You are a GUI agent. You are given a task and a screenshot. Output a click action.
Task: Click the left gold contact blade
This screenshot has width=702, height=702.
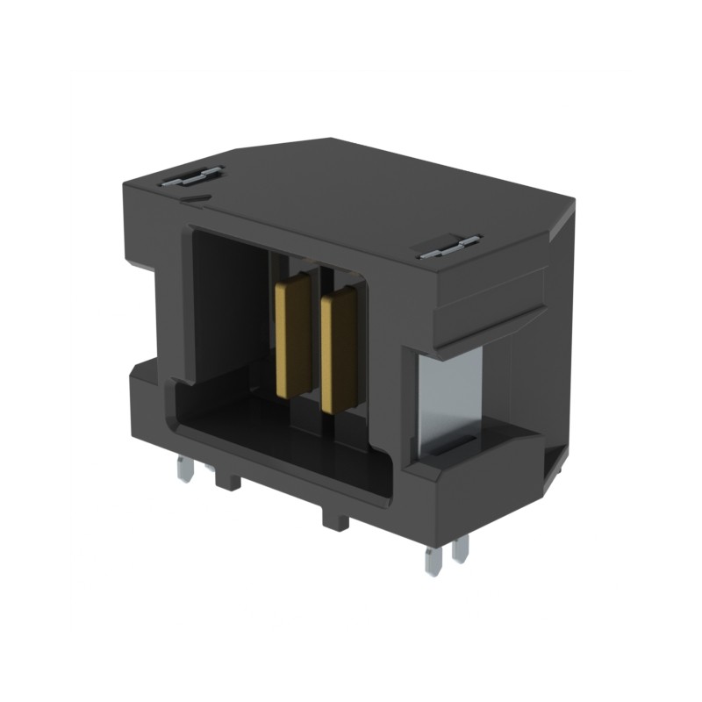[x=292, y=335]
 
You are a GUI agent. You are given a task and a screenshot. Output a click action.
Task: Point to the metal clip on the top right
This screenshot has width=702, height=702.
[x=448, y=247]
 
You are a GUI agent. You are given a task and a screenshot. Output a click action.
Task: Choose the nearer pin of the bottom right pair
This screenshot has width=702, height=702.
[x=432, y=559]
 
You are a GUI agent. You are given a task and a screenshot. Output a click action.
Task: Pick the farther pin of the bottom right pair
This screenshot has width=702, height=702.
[x=461, y=548]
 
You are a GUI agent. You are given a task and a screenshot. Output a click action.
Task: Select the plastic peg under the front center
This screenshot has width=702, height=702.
[x=335, y=519]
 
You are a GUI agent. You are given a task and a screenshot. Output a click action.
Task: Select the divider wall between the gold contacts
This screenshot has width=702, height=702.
[x=315, y=342]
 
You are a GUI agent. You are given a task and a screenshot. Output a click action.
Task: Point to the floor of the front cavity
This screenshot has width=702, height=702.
[x=290, y=439]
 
